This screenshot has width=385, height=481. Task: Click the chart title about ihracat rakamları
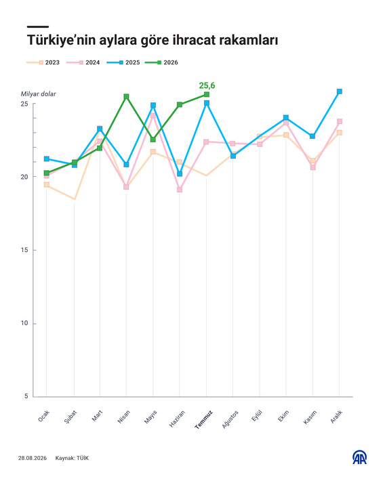[x=153, y=40]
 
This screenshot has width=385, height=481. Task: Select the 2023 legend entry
[x=43, y=62]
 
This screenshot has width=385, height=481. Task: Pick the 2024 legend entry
[x=83, y=62]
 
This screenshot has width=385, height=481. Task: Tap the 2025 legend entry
[x=123, y=62]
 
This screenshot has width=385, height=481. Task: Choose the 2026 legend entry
[x=162, y=62]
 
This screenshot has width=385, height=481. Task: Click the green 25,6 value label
[x=207, y=85]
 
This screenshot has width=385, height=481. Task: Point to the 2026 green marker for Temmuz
[x=207, y=94]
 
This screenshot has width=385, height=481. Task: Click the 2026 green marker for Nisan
[x=126, y=97]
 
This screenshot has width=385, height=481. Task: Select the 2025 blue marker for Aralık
[x=340, y=91]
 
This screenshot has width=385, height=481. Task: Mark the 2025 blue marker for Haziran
[x=180, y=174]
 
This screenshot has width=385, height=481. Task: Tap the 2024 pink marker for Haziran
[x=180, y=190]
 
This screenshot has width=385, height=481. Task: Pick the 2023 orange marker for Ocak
[x=47, y=184]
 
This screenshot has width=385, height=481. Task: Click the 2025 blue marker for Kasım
[x=312, y=136]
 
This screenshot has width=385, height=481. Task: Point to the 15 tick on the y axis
[x=24, y=250]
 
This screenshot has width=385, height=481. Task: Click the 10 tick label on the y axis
[x=24, y=323]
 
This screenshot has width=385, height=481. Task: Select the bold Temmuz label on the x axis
[x=204, y=419]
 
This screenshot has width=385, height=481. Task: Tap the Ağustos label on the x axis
[x=230, y=419]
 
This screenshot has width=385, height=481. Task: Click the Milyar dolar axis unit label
[x=39, y=94]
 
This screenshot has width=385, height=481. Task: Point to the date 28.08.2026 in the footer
[x=33, y=458]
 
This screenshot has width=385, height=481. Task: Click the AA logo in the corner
[x=359, y=457]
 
